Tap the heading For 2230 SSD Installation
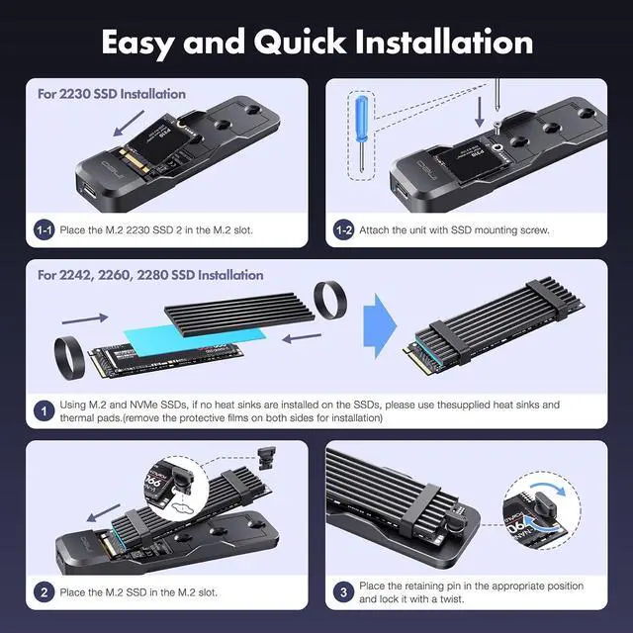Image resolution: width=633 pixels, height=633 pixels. tap(112, 94)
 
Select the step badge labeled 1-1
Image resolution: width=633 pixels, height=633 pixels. tap(45, 229)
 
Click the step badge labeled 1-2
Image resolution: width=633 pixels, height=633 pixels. tap(343, 229)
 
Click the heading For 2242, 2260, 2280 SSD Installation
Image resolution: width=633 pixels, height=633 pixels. tap(150, 275)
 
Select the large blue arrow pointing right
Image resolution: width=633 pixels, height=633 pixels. tap(378, 331)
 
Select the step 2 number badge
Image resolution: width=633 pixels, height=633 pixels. tap(45, 593)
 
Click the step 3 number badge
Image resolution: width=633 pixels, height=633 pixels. tap(343, 592)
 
